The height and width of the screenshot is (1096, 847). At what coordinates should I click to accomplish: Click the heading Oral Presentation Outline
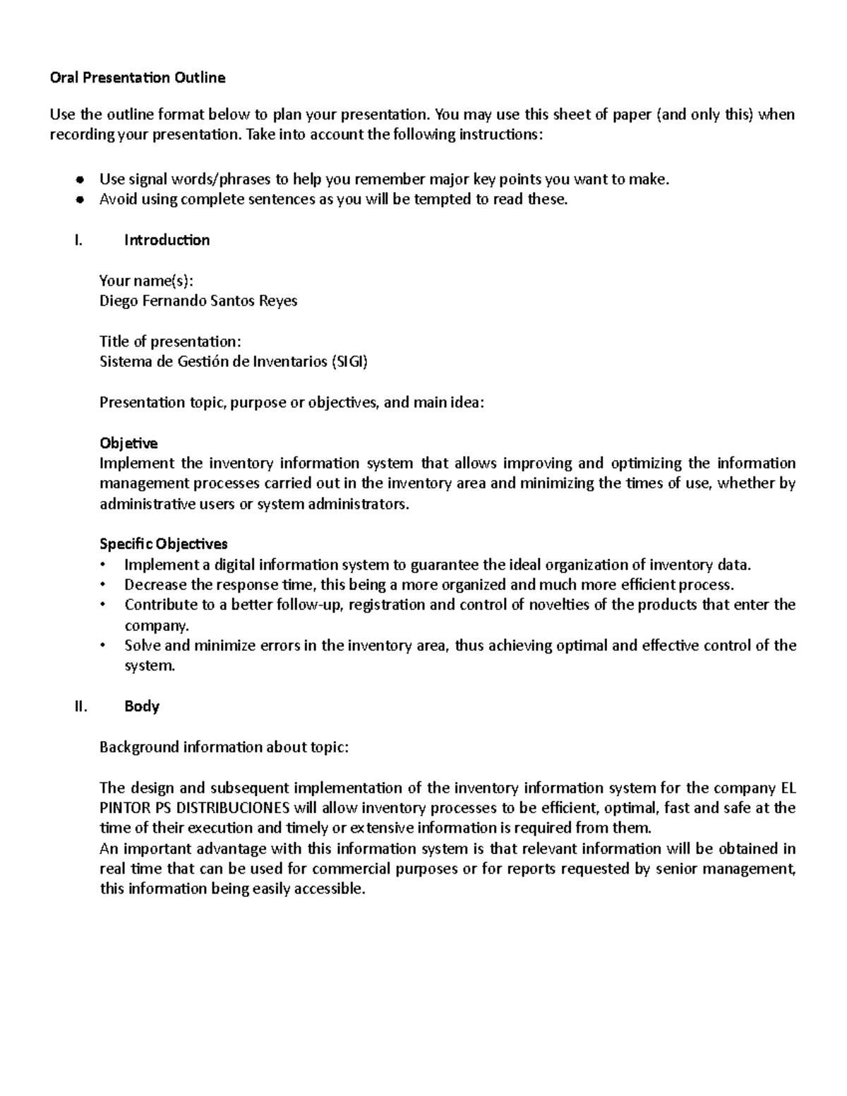coord(138,78)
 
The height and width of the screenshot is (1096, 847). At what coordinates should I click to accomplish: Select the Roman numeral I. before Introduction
coord(78,240)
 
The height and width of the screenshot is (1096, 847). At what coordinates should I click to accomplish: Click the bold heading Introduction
coord(167,240)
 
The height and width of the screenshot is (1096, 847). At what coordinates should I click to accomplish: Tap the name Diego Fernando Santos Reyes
coord(198,301)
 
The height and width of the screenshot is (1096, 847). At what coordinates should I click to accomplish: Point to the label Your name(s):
coord(145,281)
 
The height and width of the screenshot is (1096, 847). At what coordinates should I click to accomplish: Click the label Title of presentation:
coord(170,342)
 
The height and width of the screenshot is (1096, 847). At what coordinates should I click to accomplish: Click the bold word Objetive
coord(128,443)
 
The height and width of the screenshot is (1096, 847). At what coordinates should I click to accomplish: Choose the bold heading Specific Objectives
coord(164,544)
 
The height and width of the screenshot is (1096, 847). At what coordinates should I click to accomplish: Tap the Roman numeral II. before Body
coord(80,706)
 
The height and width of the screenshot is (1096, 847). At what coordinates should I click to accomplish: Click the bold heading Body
coord(142,706)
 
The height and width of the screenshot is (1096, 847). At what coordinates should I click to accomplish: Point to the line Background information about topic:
coord(224,747)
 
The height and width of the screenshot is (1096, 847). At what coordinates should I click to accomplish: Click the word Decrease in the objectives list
coord(155,584)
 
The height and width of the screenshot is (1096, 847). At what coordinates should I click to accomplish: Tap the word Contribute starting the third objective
coord(161,605)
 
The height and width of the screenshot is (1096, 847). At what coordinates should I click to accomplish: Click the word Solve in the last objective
coord(142,645)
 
